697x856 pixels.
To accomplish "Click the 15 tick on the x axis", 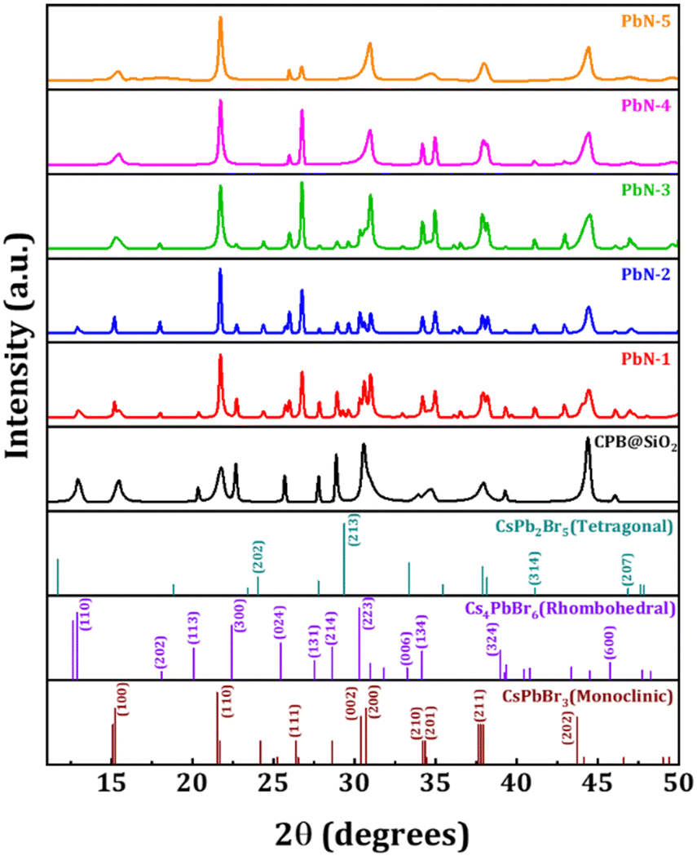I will tap(112, 784).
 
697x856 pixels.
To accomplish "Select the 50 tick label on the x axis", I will tap(676, 784).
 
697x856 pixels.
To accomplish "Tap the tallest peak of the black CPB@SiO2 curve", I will tap(587, 440).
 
